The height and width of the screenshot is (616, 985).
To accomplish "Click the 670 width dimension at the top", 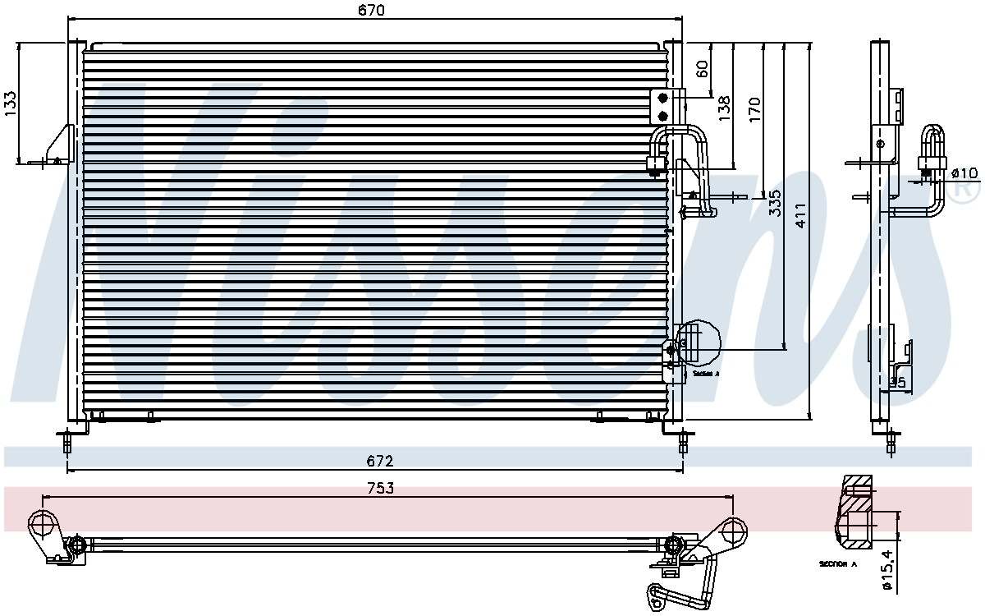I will point(372,10).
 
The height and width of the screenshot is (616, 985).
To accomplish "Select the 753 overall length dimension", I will point(379,488).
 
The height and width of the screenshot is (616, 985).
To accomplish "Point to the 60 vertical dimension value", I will point(703,69).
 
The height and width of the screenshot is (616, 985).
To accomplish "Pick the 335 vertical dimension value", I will point(774,203).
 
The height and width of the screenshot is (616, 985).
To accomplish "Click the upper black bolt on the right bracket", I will point(663,98).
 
